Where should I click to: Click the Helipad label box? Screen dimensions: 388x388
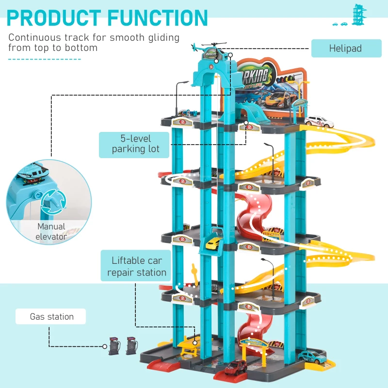[345, 48]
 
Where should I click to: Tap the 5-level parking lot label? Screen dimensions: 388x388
[135, 144]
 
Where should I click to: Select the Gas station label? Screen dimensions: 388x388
[51, 317]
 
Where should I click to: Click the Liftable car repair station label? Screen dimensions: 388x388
[137, 266]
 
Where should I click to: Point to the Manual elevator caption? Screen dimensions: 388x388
[51, 231]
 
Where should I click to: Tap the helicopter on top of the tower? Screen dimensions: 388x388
[209, 49]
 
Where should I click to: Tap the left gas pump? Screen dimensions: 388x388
[114, 345]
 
